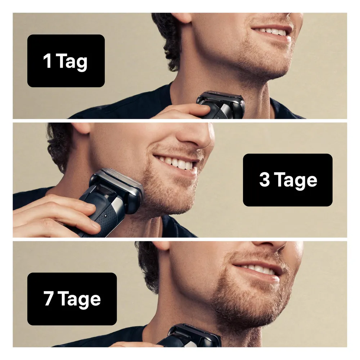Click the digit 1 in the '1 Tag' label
point(47,60)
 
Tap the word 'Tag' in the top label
point(72,62)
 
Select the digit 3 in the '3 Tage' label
point(265,179)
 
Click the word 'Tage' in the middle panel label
point(296,181)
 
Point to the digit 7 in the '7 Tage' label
point(49,298)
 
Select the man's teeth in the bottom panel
point(255,269)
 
